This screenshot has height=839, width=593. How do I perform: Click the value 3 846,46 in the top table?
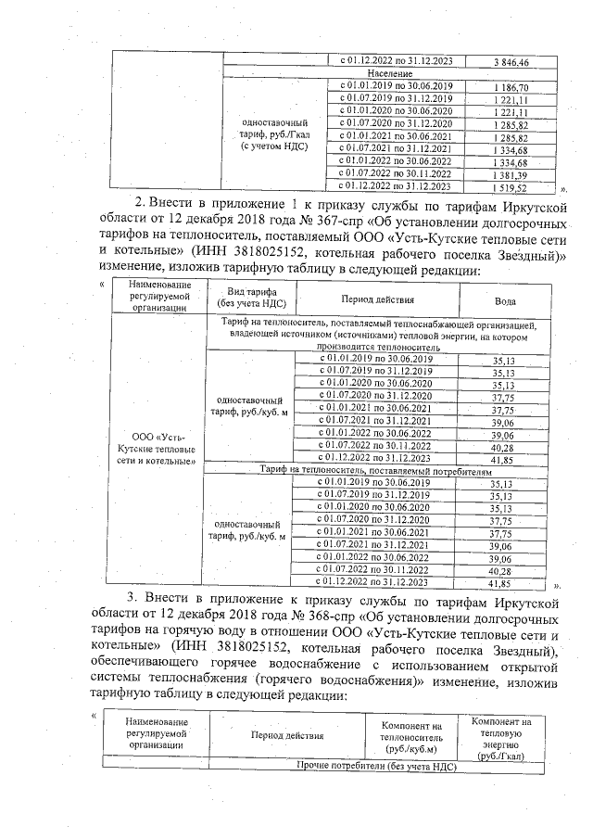510,62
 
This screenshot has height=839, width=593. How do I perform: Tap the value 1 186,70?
510,86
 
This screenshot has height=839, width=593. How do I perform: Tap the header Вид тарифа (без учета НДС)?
251,298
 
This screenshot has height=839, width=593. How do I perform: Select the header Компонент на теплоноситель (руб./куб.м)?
412,735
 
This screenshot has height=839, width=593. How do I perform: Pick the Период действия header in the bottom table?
286,735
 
